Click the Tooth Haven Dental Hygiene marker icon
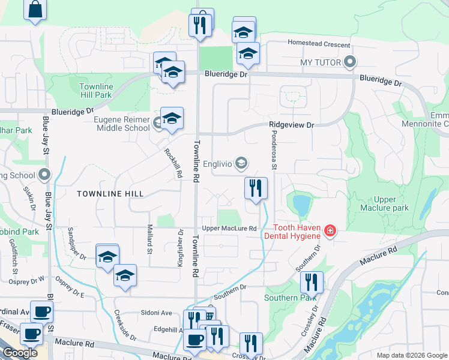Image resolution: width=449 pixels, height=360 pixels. [330, 230]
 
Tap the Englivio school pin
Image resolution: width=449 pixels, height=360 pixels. [241, 163]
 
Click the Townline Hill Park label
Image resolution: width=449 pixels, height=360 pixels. [95, 91]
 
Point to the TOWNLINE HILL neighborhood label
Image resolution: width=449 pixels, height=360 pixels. [110, 194]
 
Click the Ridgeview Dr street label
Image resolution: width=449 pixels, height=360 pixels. [292, 125]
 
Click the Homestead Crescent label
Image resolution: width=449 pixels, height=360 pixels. [319, 44]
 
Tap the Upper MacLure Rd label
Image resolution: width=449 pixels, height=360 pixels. [229, 229]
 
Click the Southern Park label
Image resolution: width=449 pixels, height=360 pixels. [289, 298]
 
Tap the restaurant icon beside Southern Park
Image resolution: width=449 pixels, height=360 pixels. [312, 281]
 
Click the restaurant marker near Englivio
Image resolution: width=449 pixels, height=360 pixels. [256, 188]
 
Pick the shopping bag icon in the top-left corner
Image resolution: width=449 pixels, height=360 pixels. [35, 9]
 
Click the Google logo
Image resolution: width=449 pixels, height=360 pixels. [20, 353]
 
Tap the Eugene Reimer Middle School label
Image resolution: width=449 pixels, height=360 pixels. [122, 124]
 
